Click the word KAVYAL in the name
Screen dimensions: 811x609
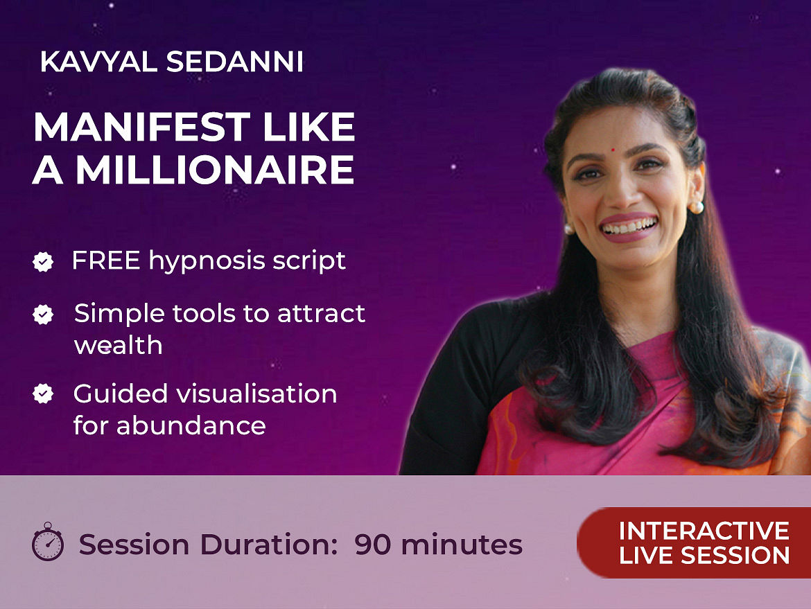click(x=98, y=62)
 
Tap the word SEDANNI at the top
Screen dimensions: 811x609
click(x=235, y=62)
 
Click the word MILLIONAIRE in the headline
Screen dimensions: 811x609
click(x=215, y=170)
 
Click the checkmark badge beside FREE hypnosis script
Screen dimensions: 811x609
click(x=43, y=262)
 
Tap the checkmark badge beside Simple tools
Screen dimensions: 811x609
click(x=43, y=315)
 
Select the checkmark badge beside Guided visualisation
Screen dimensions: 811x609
click(x=43, y=394)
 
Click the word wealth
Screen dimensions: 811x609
click(x=119, y=345)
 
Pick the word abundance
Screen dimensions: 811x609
click(x=191, y=426)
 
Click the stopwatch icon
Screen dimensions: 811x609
click(x=48, y=542)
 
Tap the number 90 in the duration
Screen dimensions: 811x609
click(x=372, y=545)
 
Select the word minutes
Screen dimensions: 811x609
click(x=462, y=545)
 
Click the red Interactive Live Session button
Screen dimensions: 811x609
click(x=694, y=542)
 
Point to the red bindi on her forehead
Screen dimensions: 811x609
click(x=613, y=150)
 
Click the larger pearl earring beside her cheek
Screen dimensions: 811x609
click(x=696, y=208)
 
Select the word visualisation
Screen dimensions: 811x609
click(x=257, y=394)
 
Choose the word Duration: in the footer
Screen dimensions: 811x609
click(x=268, y=545)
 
